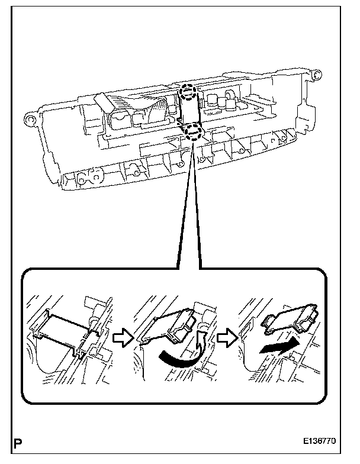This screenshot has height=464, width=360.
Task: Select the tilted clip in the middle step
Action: [172, 326]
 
